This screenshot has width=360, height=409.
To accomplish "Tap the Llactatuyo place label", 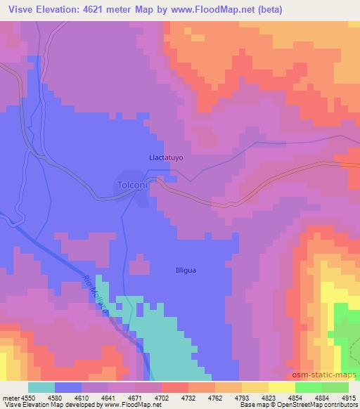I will (x=167, y=158).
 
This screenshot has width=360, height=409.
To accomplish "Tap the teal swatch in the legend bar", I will (x=41, y=387).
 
